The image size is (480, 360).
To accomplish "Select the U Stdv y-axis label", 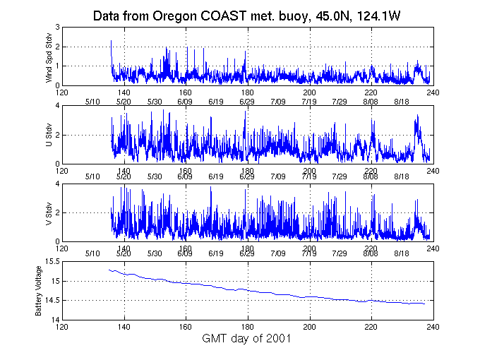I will [x=49, y=135].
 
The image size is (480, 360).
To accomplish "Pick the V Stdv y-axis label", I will [x=49, y=212].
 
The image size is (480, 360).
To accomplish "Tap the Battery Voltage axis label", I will [x=39, y=291].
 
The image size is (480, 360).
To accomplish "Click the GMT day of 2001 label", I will [x=247, y=339].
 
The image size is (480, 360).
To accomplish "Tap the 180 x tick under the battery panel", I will [x=248, y=327].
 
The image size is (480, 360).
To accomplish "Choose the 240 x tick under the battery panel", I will [x=432, y=327].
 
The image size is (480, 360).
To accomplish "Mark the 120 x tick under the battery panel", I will [x=63, y=327].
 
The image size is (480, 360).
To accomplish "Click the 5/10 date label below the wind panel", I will [x=92, y=102].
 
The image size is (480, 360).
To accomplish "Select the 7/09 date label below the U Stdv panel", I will [x=278, y=175].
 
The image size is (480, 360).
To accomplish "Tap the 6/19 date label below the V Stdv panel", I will [x=216, y=253].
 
